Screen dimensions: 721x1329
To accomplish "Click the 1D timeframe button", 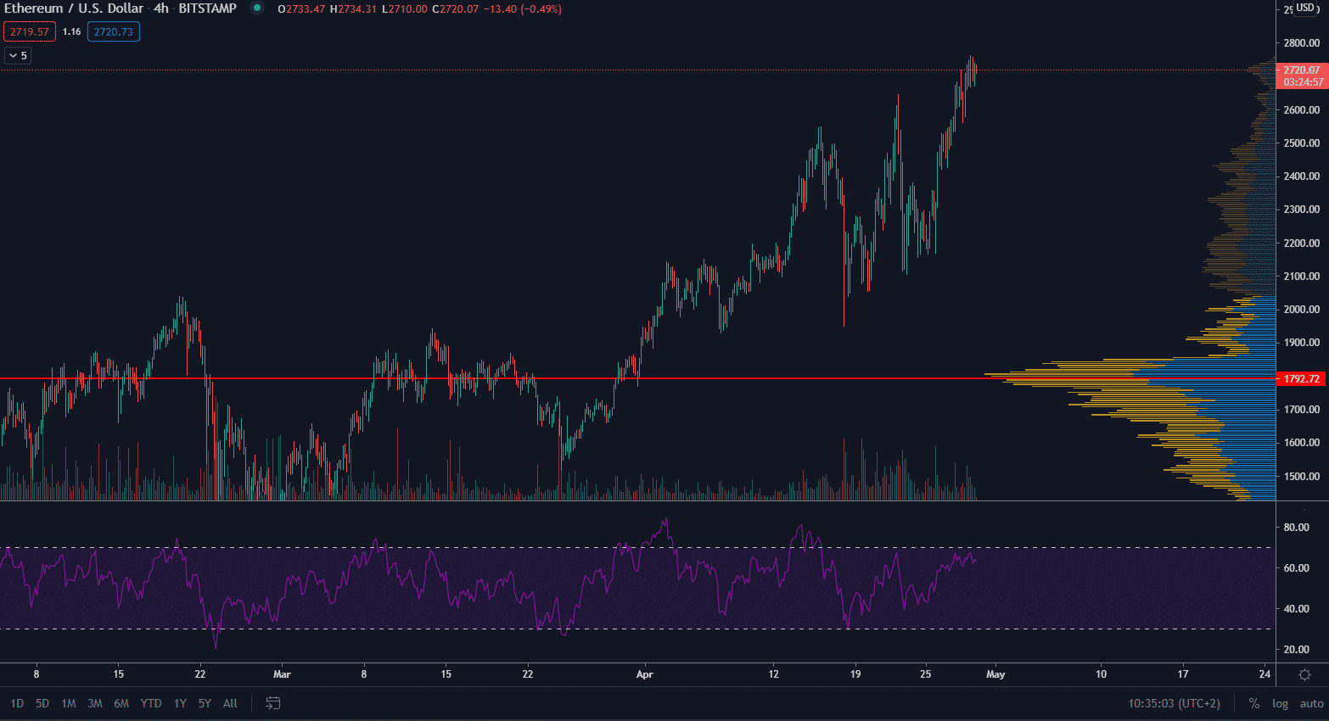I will [x=17, y=703].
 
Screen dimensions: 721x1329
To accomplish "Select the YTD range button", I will [x=150, y=703].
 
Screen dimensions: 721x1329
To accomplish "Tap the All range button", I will [x=230, y=703].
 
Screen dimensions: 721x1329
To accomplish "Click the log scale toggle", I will [x=1280, y=703].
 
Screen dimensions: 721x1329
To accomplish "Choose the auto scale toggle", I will [x=1311, y=703].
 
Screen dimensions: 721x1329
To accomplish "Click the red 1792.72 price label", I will [x=1301, y=378].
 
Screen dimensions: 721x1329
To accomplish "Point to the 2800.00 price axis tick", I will [x=1301, y=43].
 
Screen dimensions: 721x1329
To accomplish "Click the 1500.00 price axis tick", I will [x=1301, y=476].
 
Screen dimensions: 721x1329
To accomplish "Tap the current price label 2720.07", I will [x=1301, y=70].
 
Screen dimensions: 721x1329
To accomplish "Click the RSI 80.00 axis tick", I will [x=1296, y=527].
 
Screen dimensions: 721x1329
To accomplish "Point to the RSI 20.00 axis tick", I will [x=1296, y=649].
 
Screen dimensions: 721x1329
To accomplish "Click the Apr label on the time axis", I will [x=645, y=674].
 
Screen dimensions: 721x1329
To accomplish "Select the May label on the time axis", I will [x=995, y=674].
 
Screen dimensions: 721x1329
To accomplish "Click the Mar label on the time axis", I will [x=282, y=674].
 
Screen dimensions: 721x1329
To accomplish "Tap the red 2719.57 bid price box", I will [x=30, y=32].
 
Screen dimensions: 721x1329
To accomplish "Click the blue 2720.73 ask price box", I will [x=113, y=32].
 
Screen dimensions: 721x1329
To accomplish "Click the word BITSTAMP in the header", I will [x=207, y=8].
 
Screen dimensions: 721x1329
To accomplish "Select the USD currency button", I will [x=1305, y=8].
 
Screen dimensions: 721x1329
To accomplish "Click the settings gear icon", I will [x=1305, y=674].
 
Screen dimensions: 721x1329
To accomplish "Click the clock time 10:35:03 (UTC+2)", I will [x=1174, y=703].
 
